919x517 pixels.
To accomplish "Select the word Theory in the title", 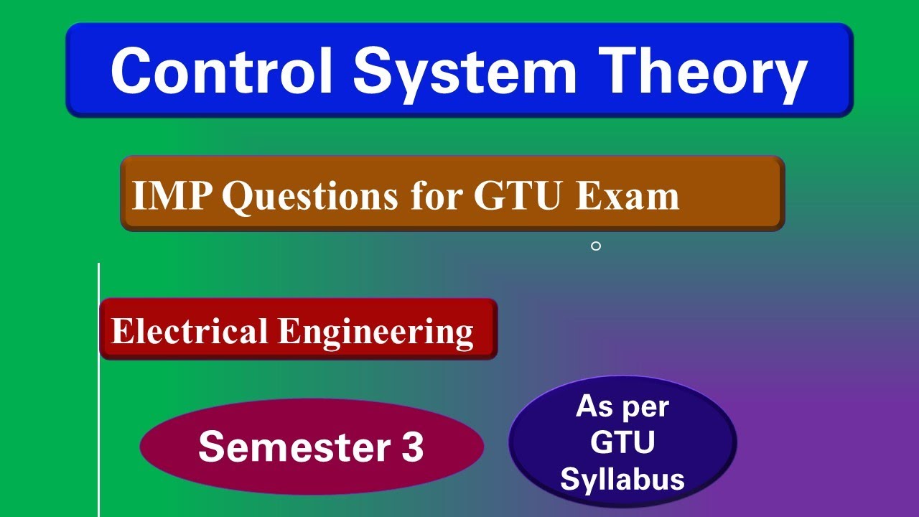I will [x=706, y=70].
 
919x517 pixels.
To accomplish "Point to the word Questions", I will [x=309, y=196].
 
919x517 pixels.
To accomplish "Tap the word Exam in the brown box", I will [x=627, y=195].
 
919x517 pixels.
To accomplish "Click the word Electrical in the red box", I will [x=190, y=331].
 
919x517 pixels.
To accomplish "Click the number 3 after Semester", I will [x=412, y=447].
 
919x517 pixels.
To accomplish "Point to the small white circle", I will [x=595, y=246].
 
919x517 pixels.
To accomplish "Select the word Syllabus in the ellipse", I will [x=622, y=479].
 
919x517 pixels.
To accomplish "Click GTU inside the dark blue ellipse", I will [x=622, y=443].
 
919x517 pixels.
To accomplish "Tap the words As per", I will [x=622, y=407].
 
